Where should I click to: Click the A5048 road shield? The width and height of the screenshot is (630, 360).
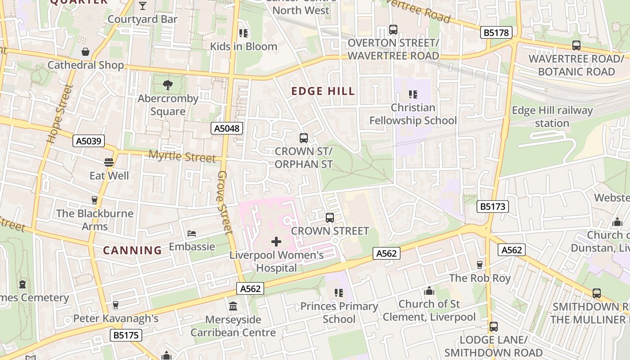pyautogui.click(x=227, y=129)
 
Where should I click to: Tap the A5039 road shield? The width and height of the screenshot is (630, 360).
pyautogui.click(x=89, y=141)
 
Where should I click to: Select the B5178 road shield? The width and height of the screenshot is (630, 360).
pyautogui.click(x=497, y=32)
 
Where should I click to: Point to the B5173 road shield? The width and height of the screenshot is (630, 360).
pyautogui.click(x=493, y=207)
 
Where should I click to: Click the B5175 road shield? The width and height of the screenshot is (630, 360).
pyautogui.click(x=126, y=335)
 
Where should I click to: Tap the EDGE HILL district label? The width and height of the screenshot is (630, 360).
pyautogui.click(x=323, y=91)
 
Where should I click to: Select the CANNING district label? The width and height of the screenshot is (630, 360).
pyautogui.click(x=132, y=251)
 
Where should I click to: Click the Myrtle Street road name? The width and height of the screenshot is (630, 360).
pyautogui.click(x=182, y=157)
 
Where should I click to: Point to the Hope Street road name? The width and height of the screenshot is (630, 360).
pyautogui.click(x=59, y=114)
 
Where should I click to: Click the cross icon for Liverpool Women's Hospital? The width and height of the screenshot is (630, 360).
pyautogui.click(x=276, y=242)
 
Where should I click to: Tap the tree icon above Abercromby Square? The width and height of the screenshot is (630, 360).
pyautogui.click(x=167, y=85)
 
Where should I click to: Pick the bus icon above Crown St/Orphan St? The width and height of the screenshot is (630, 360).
pyautogui.click(x=304, y=138)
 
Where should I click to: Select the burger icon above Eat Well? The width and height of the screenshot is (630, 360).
pyautogui.click(x=108, y=162)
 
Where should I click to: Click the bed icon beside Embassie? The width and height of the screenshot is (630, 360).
pyautogui.click(x=192, y=234)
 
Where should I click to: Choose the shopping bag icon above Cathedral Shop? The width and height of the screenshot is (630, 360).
pyautogui.click(x=85, y=52)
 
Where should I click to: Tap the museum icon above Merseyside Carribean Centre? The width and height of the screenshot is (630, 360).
pyautogui.click(x=233, y=306)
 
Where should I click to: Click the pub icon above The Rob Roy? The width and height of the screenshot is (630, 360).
pyautogui.click(x=480, y=265)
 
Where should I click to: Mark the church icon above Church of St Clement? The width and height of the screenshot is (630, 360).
pyautogui.click(x=429, y=291)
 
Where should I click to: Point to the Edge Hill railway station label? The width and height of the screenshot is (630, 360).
pyautogui.click(x=552, y=117)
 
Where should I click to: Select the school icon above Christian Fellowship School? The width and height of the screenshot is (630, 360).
pyautogui.click(x=413, y=94)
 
